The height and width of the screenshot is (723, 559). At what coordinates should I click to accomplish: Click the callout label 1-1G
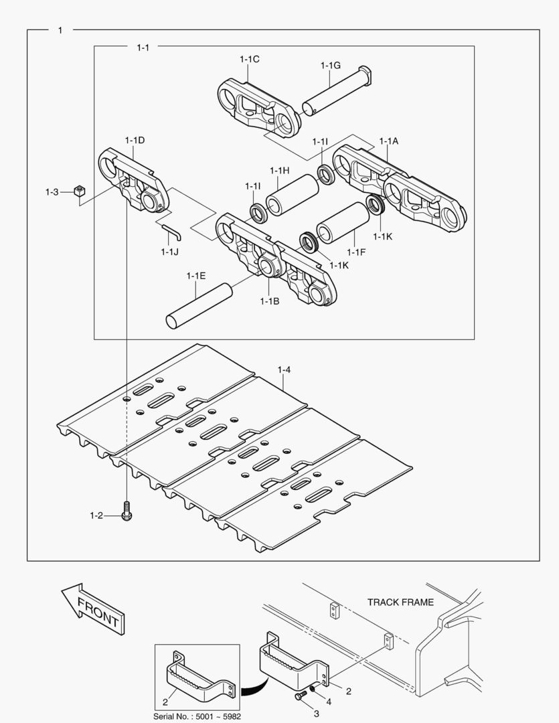[x=330, y=65]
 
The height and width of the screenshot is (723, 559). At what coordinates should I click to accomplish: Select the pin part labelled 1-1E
[x=199, y=306]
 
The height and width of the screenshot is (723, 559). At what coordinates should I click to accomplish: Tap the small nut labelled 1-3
[x=78, y=191]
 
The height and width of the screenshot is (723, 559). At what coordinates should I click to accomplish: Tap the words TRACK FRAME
[x=400, y=602]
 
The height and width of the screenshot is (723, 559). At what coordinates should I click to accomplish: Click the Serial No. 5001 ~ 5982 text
[x=197, y=716]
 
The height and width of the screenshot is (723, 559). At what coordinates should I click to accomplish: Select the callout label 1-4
[x=284, y=369]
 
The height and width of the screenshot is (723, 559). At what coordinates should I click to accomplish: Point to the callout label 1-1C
[x=249, y=60]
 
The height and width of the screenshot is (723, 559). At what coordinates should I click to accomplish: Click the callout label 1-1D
[x=135, y=140]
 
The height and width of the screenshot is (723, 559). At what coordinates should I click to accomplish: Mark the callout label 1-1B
[x=269, y=301]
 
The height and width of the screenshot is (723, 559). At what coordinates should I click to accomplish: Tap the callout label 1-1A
[x=388, y=141]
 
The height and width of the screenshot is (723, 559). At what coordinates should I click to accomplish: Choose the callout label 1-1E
[x=195, y=275]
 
